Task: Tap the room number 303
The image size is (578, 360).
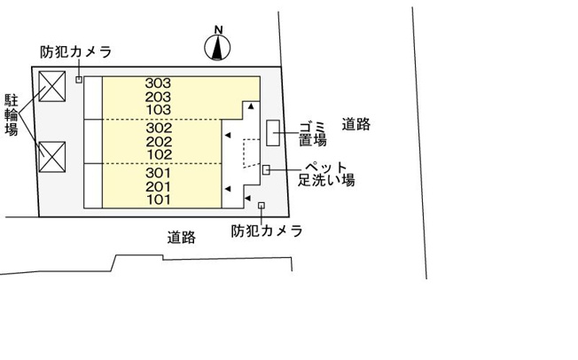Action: (x=158, y=83)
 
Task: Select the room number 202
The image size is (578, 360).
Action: (x=159, y=142)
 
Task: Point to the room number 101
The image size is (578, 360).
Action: (x=159, y=200)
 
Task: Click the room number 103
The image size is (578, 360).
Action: (x=159, y=110)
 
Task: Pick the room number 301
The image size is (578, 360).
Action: (x=158, y=173)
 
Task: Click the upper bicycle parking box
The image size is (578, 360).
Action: (x=52, y=86)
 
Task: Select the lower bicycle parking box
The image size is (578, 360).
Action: (x=52, y=157)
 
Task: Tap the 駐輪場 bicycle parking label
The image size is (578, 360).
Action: (x=11, y=114)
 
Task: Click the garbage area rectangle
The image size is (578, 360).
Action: (x=273, y=133)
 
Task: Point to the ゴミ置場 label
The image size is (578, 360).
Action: (x=312, y=134)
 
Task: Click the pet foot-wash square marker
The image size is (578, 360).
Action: (x=266, y=169)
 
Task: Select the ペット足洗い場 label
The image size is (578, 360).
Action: (x=326, y=174)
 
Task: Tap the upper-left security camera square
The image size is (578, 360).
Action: (x=79, y=79)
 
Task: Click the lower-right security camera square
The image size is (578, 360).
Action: (x=262, y=206)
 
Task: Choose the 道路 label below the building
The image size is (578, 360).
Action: (x=182, y=237)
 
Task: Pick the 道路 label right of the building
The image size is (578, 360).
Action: (x=356, y=124)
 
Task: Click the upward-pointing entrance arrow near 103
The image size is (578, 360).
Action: (x=251, y=106)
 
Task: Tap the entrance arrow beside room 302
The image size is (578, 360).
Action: (x=228, y=136)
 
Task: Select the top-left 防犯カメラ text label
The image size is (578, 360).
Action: (x=76, y=52)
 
